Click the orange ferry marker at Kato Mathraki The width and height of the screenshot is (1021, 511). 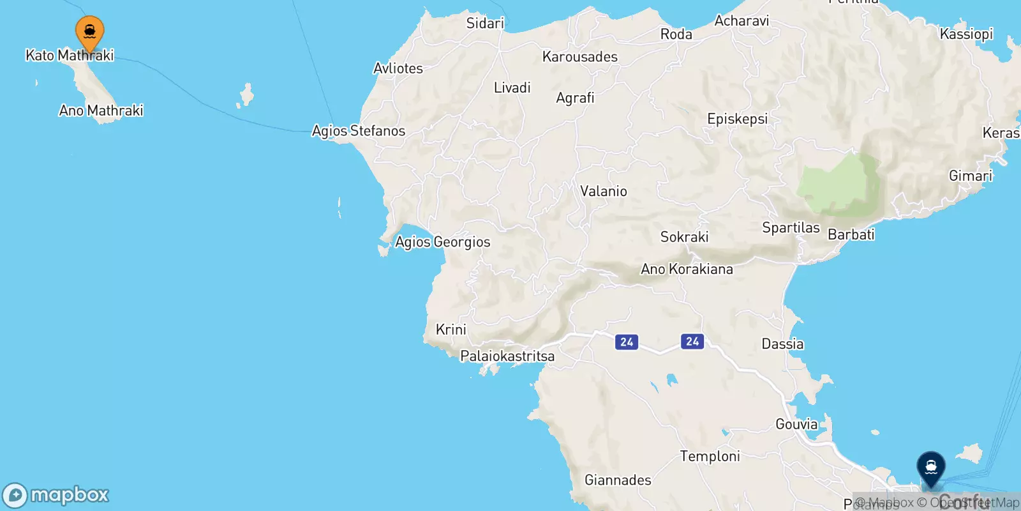click(x=90, y=31)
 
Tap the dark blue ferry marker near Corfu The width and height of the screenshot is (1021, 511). click(x=931, y=467)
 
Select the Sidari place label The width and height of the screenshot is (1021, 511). click(x=485, y=24)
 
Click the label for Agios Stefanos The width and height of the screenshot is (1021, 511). click(x=359, y=131)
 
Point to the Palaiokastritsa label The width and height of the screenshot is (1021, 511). click(x=507, y=356)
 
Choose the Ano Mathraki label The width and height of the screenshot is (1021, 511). click(x=101, y=111)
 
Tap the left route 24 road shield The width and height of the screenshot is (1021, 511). click(x=627, y=342)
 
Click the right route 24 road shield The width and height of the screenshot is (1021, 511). click(x=692, y=341)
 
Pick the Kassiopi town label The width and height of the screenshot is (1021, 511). click(x=966, y=34)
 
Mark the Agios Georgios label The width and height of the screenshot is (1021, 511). click(x=443, y=242)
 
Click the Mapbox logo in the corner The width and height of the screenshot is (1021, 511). click(x=56, y=495)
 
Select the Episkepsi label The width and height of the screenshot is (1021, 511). click(x=737, y=119)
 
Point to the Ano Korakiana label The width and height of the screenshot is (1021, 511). click(x=687, y=269)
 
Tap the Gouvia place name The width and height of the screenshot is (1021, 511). click(x=796, y=424)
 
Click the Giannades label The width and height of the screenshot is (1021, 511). click(x=618, y=480)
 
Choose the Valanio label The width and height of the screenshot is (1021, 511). click(x=603, y=191)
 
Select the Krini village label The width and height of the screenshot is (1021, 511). click(x=451, y=330)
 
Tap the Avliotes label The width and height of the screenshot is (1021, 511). click(x=398, y=68)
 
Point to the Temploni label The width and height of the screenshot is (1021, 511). click(x=710, y=456)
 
